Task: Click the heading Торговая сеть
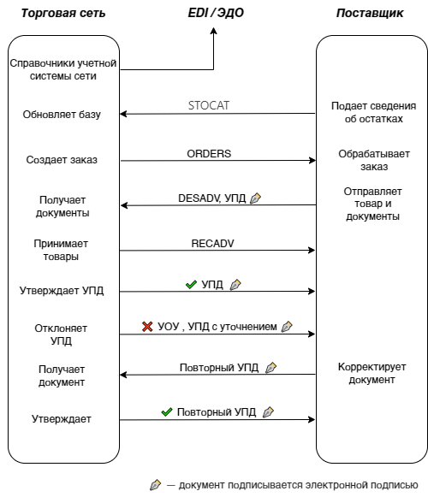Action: click(x=62, y=14)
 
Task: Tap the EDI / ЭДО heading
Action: click(x=216, y=13)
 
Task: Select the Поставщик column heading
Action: click(x=370, y=14)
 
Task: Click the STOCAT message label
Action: click(x=209, y=105)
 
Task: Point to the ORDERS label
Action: click(x=209, y=154)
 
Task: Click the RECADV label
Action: click(x=212, y=244)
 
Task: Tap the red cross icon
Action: click(x=147, y=327)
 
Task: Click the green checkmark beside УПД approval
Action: click(x=191, y=285)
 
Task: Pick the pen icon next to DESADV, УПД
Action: click(x=255, y=198)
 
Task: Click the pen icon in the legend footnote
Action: click(x=155, y=485)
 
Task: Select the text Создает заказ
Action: click(x=62, y=160)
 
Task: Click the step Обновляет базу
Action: click(x=62, y=115)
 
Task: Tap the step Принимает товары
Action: click(x=61, y=250)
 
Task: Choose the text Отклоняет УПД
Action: click(x=61, y=334)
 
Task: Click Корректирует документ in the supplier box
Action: click(x=372, y=373)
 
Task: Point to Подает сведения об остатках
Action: click(x=374, y=112)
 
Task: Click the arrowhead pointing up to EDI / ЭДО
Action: click(x=214, y=31)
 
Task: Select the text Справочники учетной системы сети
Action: click(x=63, y=69)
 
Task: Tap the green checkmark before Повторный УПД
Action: click(x=167, y=412)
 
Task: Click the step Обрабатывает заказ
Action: click(x=374, y=160)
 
